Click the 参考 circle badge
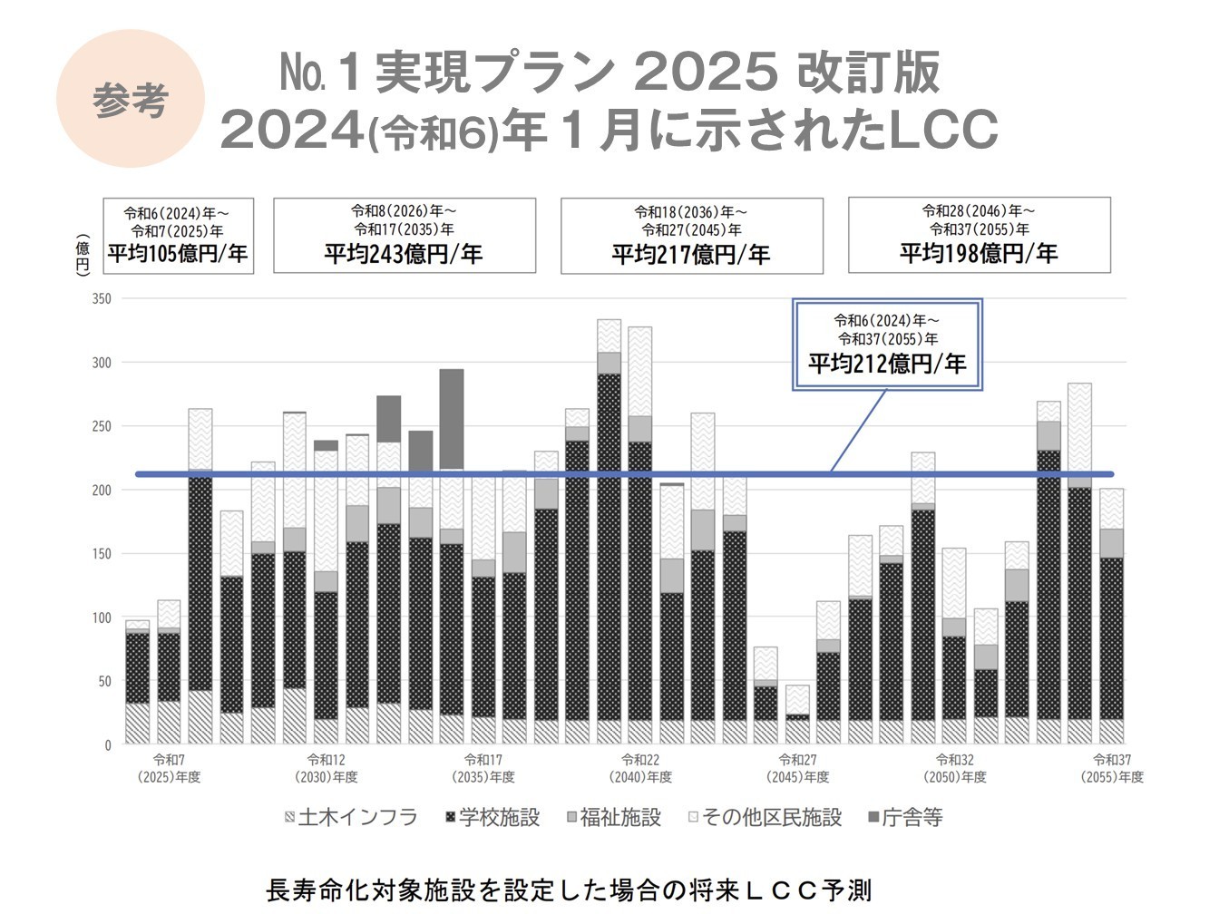click(130, 99)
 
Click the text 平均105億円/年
click(178, 253)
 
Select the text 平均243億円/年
click(404, 253)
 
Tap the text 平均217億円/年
click(691, 254)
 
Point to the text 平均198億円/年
click(979, 253)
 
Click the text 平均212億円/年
click(887, 364)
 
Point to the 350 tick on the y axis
click(102, 298)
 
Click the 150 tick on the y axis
click(102, 554)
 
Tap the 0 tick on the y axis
click(108, 745)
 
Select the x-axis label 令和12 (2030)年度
click(327, 768)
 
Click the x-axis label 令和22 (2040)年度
click(641, 768)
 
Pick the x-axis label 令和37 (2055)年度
click(1112, 768)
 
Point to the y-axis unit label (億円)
click(83, 256)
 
